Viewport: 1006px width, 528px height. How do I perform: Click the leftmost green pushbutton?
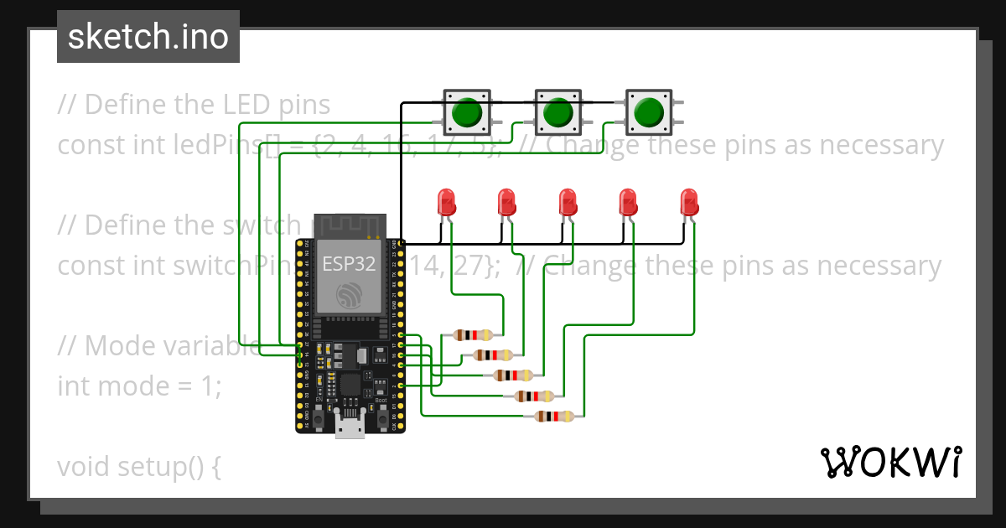pyautogui.click(x=465, y=111)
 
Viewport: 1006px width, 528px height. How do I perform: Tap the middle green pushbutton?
pyautogui.click(x=557, y=111)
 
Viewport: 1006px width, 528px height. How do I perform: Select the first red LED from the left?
pyautogui.click(x=446, y=202)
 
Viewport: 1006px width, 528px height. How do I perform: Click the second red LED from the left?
pyautogui.click(x=506, y=202)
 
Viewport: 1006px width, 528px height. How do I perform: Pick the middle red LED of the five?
pyautogui.click(x=568, y=202)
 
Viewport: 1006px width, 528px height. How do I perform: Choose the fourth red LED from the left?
pyautogui.click(x=628, y=202)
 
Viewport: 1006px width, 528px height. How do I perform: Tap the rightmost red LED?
pyautogui.click(x=688, y=202)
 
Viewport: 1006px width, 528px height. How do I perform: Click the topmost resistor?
pyautogui.click(x=471, y=335)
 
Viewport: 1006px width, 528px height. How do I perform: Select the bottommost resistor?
pyautogui.click(x=553, y=416)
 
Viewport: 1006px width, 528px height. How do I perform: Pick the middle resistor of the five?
pyautogui.click(x=512, y=375)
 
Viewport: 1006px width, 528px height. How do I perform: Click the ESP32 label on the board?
pyautogui.click(x=349, y=263)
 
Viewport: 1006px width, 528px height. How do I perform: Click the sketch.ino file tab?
pyautogui.click(x=148, y=37)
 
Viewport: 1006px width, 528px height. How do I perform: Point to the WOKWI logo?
pyautogui.click(x=889, y=462)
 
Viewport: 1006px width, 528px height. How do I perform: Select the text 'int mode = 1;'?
pyautogui.click(x=139, y=386)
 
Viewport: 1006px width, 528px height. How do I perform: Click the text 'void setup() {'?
pyautogui.click(x=139, y=466)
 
